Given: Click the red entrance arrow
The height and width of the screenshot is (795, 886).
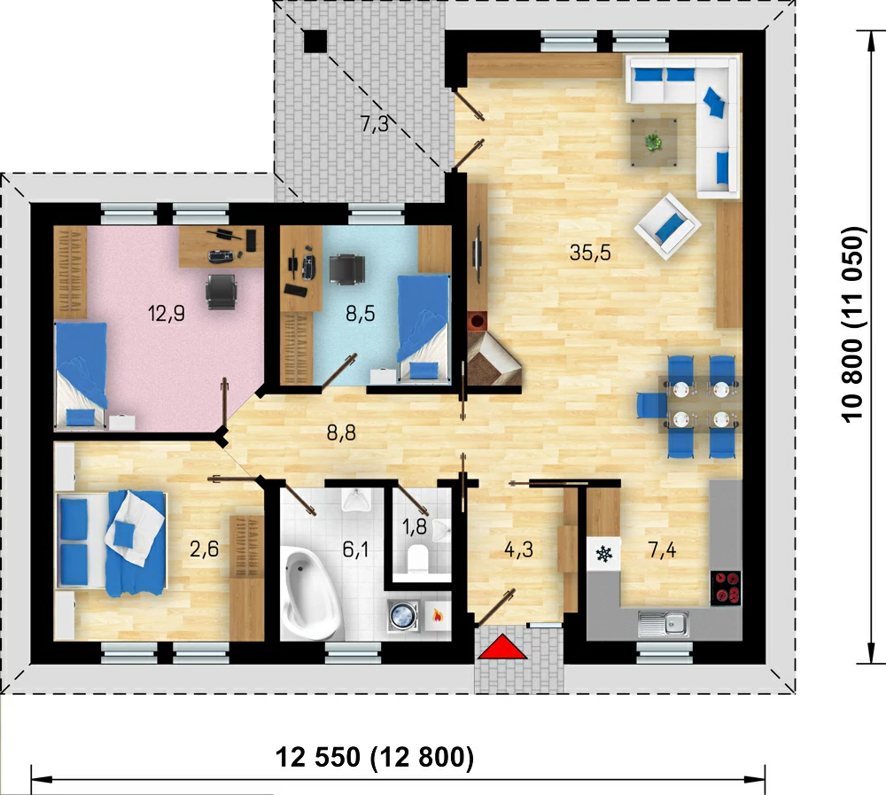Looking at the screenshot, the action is pos(502,647).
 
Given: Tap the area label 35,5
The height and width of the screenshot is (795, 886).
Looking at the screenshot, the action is pos(590,253).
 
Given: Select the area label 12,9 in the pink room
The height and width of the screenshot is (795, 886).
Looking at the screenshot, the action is pos(167,313).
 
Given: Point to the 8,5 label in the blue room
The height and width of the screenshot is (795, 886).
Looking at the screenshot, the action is pos(361,313).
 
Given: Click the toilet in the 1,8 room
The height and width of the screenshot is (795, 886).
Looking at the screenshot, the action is pos(418,557).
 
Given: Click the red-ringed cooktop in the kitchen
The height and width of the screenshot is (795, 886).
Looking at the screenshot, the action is pos(726,588).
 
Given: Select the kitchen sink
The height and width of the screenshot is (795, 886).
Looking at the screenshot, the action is pos(664,623).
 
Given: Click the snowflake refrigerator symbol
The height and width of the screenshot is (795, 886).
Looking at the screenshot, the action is pos(604,554).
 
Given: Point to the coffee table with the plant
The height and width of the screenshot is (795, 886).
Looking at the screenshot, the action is pos(654,142).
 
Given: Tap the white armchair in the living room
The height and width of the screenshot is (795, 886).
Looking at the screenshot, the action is pos(668,226).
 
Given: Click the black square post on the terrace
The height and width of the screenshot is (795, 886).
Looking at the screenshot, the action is pos(315,42).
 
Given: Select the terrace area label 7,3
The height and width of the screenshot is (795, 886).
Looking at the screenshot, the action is pos(375,124).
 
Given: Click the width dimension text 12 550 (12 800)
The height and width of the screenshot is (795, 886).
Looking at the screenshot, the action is pos(374,757).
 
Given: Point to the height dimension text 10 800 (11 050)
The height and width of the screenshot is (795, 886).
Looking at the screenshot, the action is pos(852,324).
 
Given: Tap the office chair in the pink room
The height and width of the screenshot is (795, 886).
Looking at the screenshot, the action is pos(221,292).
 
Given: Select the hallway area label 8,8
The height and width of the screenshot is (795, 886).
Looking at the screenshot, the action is pos(341,433).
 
